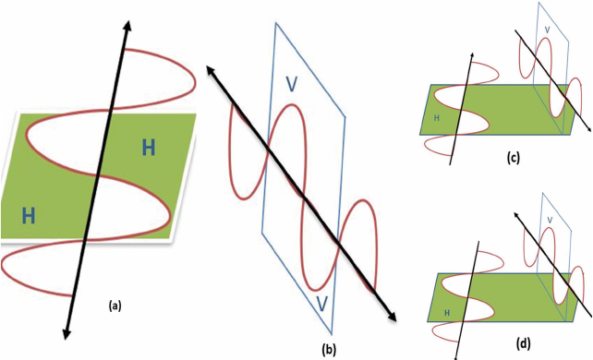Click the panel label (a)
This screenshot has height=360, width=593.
pos(115,306)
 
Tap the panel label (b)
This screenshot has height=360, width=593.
pos(328,350)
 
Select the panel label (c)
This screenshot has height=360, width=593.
pos(514,157)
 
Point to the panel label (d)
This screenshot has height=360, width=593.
pos(524,343)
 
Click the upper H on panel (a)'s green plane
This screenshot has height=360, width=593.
pos(149,148)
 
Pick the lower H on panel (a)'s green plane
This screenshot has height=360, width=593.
pos(29,216)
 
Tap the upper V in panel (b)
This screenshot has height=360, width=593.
pos(292,84)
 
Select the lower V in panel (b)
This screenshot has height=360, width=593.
pos(321,304)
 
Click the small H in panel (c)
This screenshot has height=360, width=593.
pos(436,118)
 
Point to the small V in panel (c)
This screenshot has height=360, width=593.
pos(547,30)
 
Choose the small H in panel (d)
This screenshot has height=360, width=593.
pos(447,313)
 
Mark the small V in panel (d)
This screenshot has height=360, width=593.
pos(550,220)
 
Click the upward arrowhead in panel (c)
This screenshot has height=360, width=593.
pos(472,55)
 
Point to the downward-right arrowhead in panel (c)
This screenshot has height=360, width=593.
pos(589,129)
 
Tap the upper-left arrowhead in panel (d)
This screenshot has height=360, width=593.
pos(515,214)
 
